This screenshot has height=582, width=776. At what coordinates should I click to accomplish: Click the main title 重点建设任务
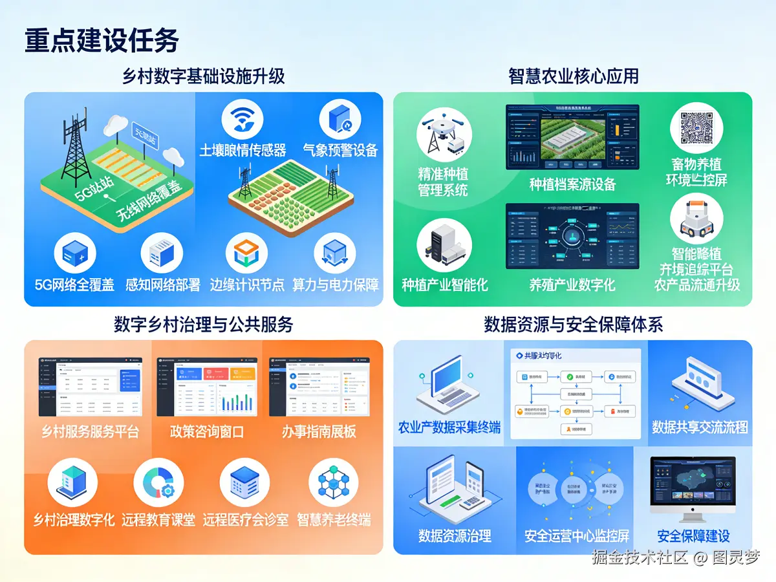pyautogui.click(x=102, y=40)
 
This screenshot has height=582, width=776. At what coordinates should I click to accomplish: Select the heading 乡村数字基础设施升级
pyautogui.click(x=204, y=76)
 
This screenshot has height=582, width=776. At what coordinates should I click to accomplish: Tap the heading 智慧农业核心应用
pyautogui.click(x=573, y=76)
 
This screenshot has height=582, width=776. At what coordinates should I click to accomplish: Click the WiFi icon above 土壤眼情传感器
pyautogui.click(x=242, y=119)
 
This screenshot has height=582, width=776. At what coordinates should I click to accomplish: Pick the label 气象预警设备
pyautogui.click(x=340, y=150)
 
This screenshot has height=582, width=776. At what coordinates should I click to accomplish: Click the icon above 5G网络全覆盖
pyautogui.click(x=75, y=253)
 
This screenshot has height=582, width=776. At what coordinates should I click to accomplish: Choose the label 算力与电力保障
pyautogui.click(x=336, y=285)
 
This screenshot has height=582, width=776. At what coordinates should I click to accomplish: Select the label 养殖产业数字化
pyautogui.click(x=572, y=285)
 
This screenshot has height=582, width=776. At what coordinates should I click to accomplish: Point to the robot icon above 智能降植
pyautogui.click(x=696, y=220)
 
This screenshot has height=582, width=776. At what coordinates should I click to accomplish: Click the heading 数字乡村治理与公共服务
pyautogui.click(x=204, y=324)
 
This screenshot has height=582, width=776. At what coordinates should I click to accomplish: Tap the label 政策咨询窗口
pyautogui.click(x=207, y=431)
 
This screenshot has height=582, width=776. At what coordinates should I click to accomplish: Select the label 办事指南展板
pyautogui.click(x=319, y=431)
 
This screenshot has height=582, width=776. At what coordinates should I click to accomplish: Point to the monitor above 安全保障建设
pyautogui.click(x=693, y=488)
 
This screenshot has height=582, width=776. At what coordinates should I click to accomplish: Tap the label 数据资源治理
pyautogui.click(x=455, y=535)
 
